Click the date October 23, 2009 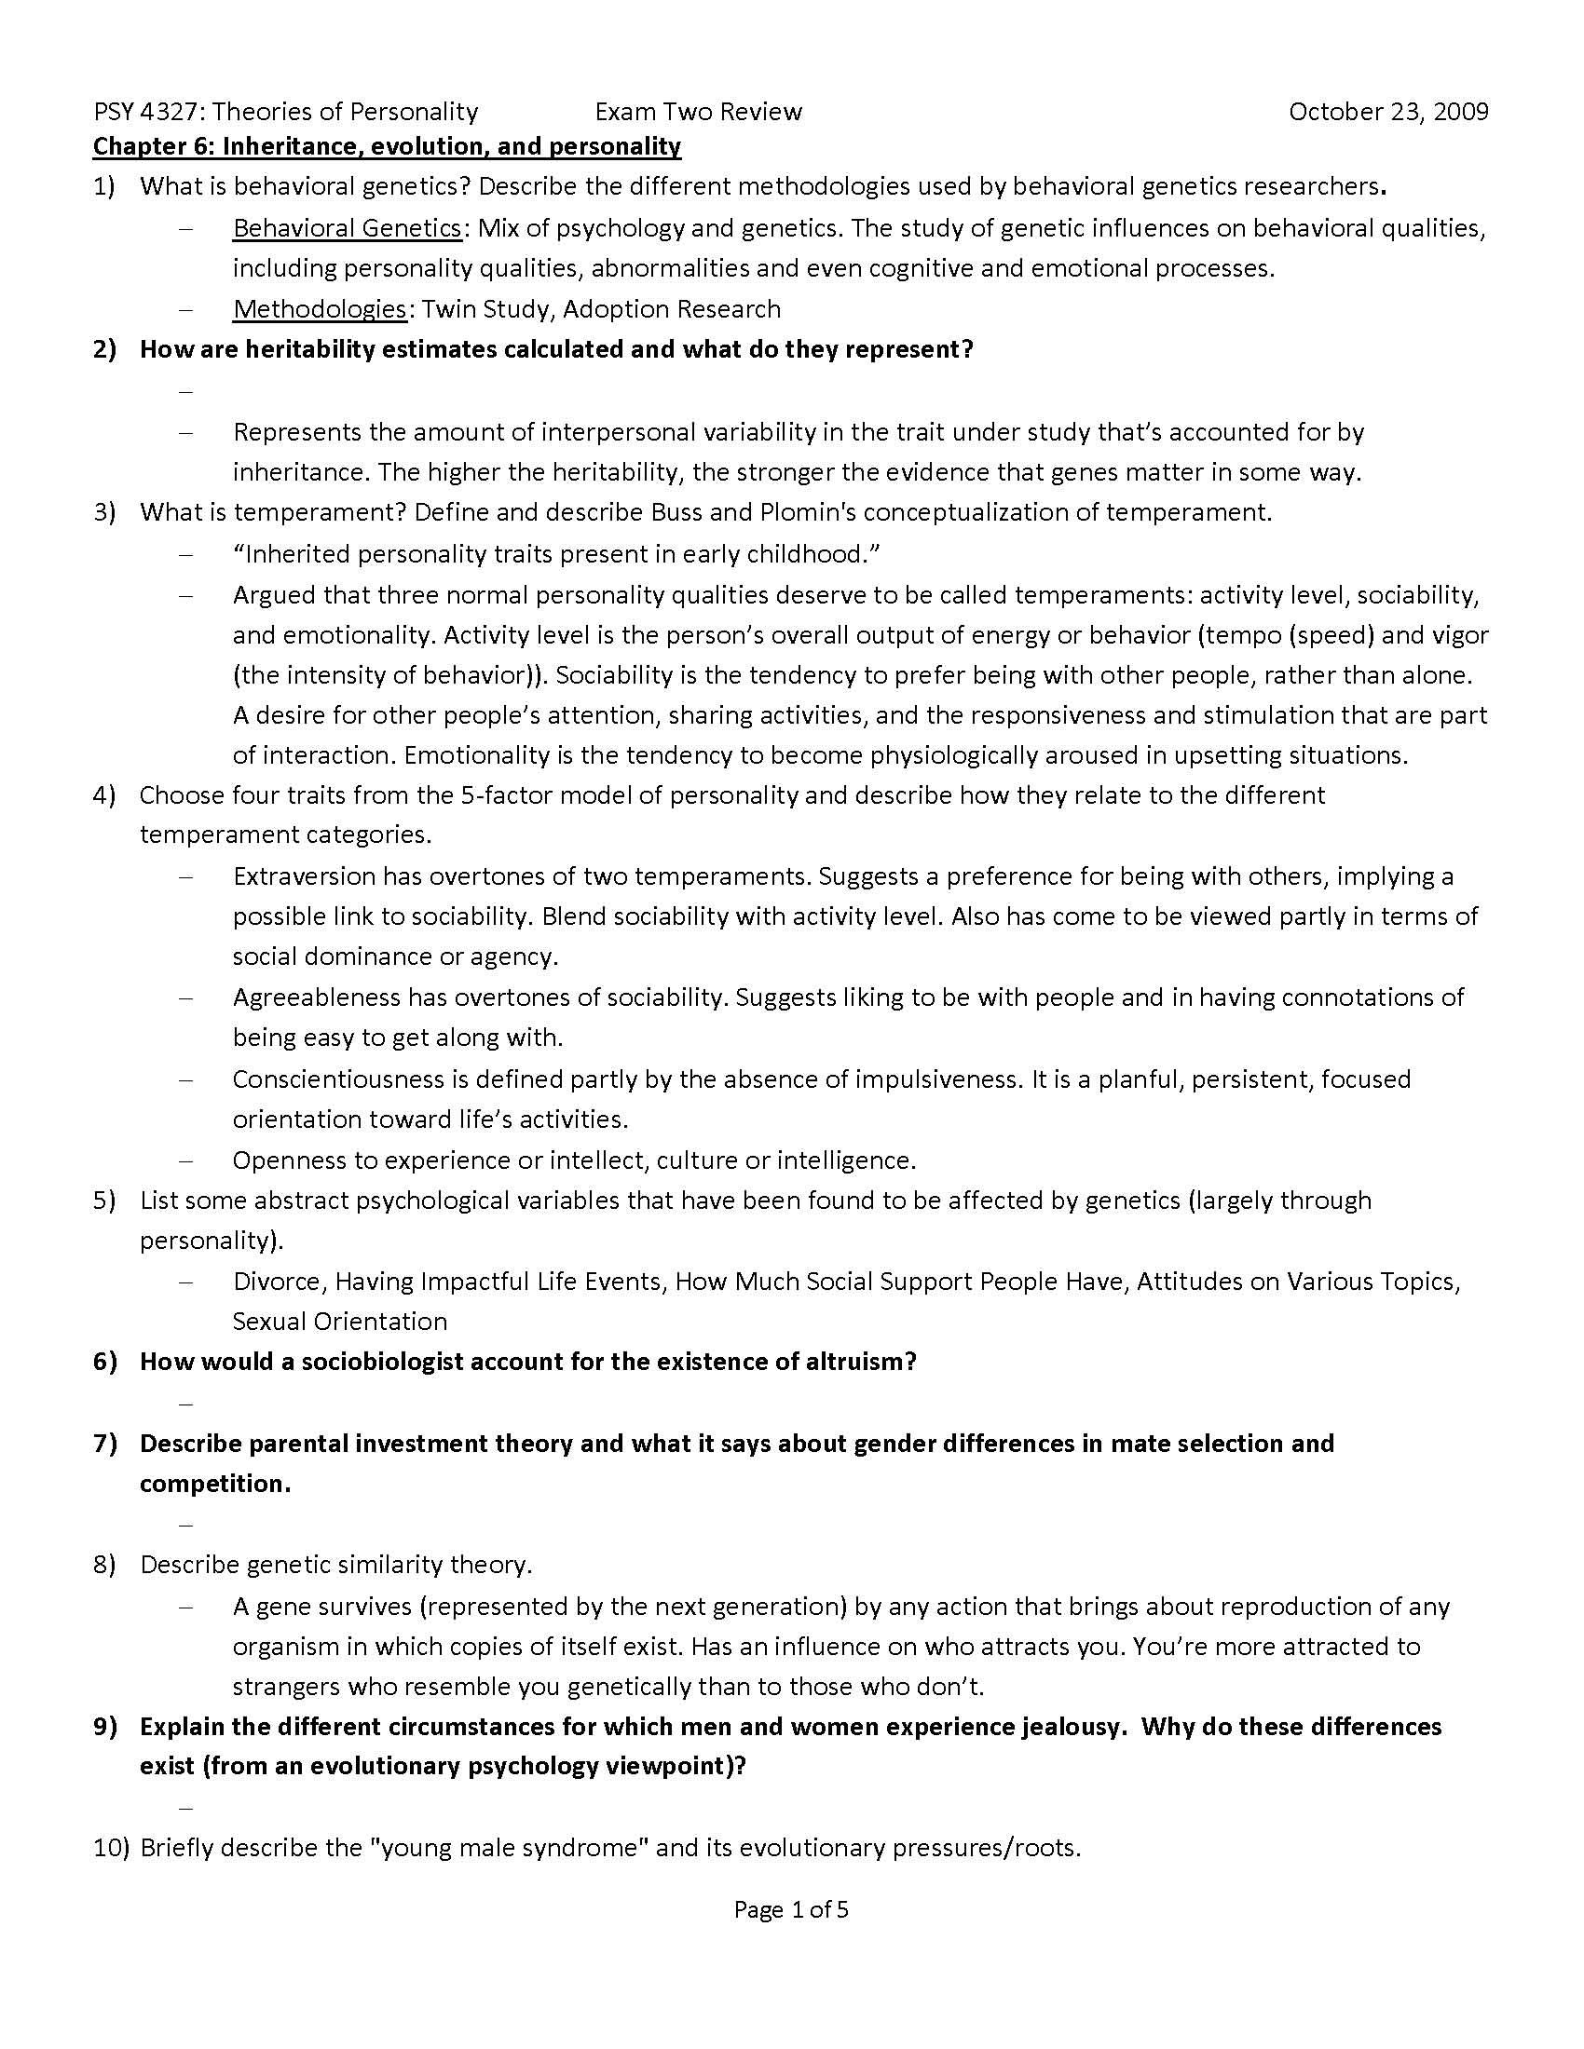[x=1388, y=112]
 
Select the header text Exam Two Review [x=698, y=112]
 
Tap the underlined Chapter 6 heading [x=387, y=146]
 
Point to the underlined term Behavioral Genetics [x=348, y=228]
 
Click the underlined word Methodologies [x=319, y=308]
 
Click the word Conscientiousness [x=337, y=1079]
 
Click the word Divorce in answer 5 [x=277, y=1282]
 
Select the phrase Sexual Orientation [x=340, y=1322]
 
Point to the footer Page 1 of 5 [x=791, y=1910]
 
